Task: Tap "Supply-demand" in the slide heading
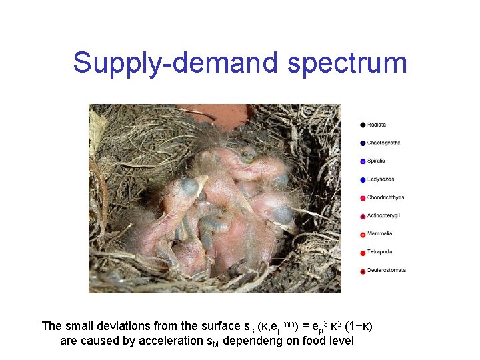(x=176, y=63)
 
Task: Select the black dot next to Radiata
(x=363, y=125)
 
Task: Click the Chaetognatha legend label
(x=383, y=143)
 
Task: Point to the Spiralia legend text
(x=376, y=161)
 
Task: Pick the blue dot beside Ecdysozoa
(x=363, y=179)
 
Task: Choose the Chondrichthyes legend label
(x=385, y=197)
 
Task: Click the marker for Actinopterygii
(x=363, y=216)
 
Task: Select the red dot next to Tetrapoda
(x=363, y=252)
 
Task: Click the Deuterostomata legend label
(x=386, y=270)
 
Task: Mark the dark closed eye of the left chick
(x=190, y=187)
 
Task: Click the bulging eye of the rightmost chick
(x=283, y=214)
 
